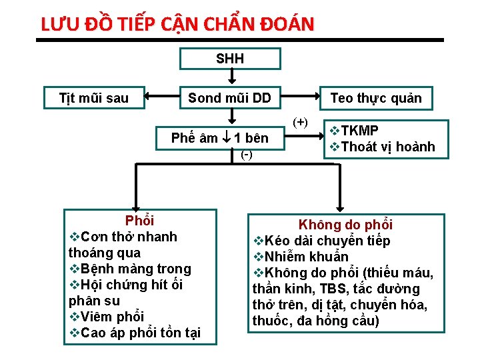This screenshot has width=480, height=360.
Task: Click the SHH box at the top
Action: click(230, 59)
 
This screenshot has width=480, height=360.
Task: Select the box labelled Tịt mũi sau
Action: click(94, 99)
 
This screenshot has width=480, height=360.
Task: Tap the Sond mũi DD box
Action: click(229, 99)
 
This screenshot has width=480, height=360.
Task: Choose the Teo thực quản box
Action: click(376, 99)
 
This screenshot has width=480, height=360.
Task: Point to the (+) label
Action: click(301, 122)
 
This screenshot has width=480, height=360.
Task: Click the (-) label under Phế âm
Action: click(246, 155)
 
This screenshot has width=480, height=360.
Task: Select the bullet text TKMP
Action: click(360, 131)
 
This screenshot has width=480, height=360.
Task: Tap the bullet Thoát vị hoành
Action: click(387, 147)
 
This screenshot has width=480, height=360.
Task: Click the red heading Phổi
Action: click(139, 221)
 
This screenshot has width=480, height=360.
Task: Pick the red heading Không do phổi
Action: click(345, 225)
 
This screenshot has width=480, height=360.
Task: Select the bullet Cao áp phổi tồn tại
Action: click(139, 333)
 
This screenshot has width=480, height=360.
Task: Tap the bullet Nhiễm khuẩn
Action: click(307, 257)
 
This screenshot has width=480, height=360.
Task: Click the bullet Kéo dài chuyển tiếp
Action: click(327, 241)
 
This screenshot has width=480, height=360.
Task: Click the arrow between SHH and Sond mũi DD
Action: click(230, 78)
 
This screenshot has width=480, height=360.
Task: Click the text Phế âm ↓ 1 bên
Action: click(220, 139)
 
